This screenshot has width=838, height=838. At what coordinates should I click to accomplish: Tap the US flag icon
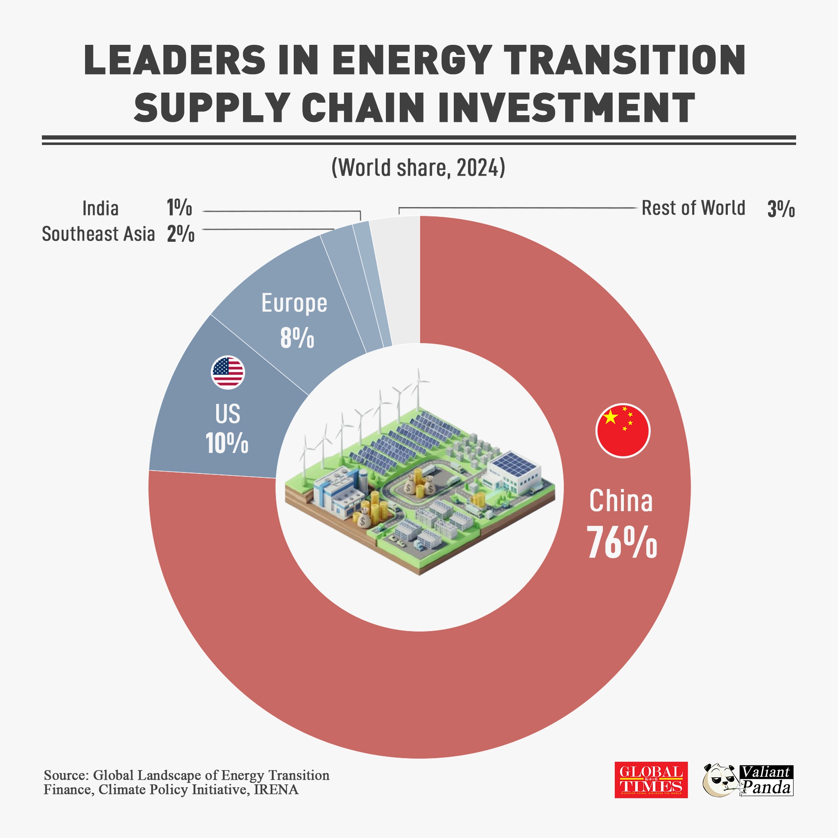(228, 372)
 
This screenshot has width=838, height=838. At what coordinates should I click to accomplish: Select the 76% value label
(621, 543)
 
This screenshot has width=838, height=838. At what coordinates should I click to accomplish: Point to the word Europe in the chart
(294, 303)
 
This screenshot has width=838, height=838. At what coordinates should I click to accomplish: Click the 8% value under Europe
(297, 338)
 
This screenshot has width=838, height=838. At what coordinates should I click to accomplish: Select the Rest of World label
(693, 208)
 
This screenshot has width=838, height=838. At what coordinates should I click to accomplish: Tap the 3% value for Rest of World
(781, 209)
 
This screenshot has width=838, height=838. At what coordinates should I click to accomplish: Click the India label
(100, 209)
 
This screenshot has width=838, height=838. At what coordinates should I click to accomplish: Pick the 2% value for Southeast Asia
(181, 234)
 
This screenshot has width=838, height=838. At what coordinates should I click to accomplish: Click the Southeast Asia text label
(98, 234)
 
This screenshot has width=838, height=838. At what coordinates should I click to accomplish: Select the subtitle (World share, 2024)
(418, 168)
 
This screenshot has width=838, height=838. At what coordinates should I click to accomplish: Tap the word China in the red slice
(621, 501)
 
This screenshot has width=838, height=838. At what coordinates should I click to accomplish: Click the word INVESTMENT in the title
(566, 107)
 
